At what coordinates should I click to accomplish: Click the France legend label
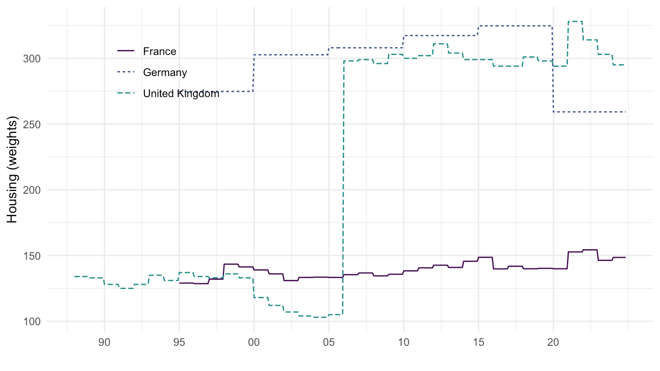click(x=159, y=51)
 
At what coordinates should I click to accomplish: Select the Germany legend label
click(x=165, y=72)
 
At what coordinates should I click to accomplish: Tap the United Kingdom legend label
click(x=181, y=94)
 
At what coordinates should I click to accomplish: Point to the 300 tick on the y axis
click(x=34, y=59)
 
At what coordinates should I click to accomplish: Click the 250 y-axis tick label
click(x=34, y=124)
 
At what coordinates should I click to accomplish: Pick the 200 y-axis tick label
click(x=34, y=190)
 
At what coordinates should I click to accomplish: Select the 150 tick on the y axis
click(x=34, y=256)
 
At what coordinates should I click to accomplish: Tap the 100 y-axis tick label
click(x=34, y=322)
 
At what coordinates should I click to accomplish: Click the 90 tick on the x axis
click(x=104, y=343)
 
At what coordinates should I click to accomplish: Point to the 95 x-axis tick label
click(x=179, y=343)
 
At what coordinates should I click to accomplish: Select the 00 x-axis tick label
click(x=254, y=343)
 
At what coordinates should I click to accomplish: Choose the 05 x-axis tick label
click(x=329, y=343)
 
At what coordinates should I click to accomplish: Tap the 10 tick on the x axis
click(x=403, y=343)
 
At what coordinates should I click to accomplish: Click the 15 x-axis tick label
click(x=478, y=343)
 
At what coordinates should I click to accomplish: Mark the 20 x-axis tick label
click(x=553, y=343)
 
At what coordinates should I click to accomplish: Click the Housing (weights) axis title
click(x=13, y=170)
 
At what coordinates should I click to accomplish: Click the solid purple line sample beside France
click(x=126, y=51)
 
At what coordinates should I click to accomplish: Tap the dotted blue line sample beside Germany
click(x=126, y=72)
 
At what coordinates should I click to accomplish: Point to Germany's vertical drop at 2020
click(x=553, y=69)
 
